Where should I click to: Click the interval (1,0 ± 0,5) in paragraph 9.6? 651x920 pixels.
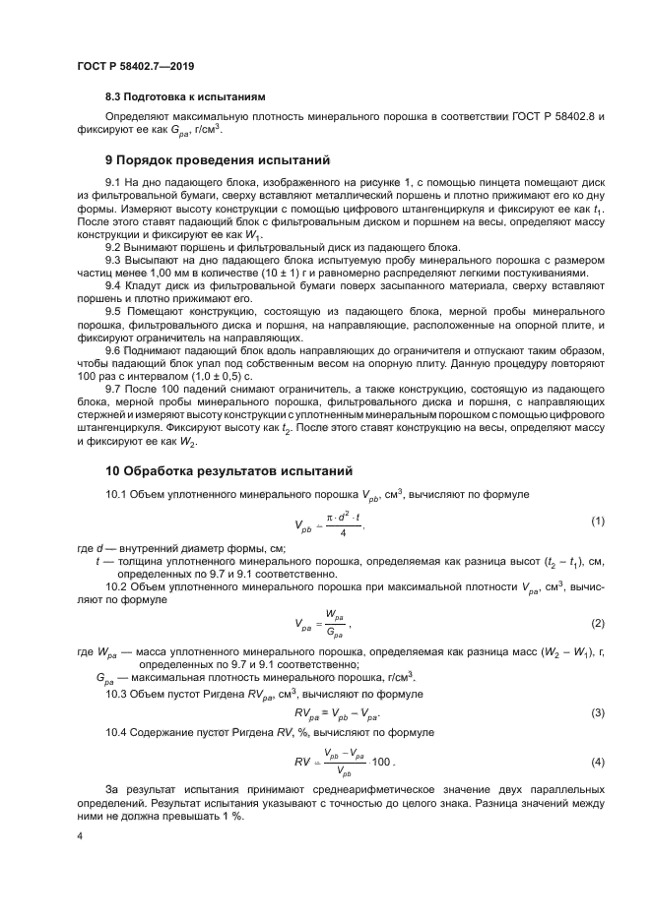click(208, 376)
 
